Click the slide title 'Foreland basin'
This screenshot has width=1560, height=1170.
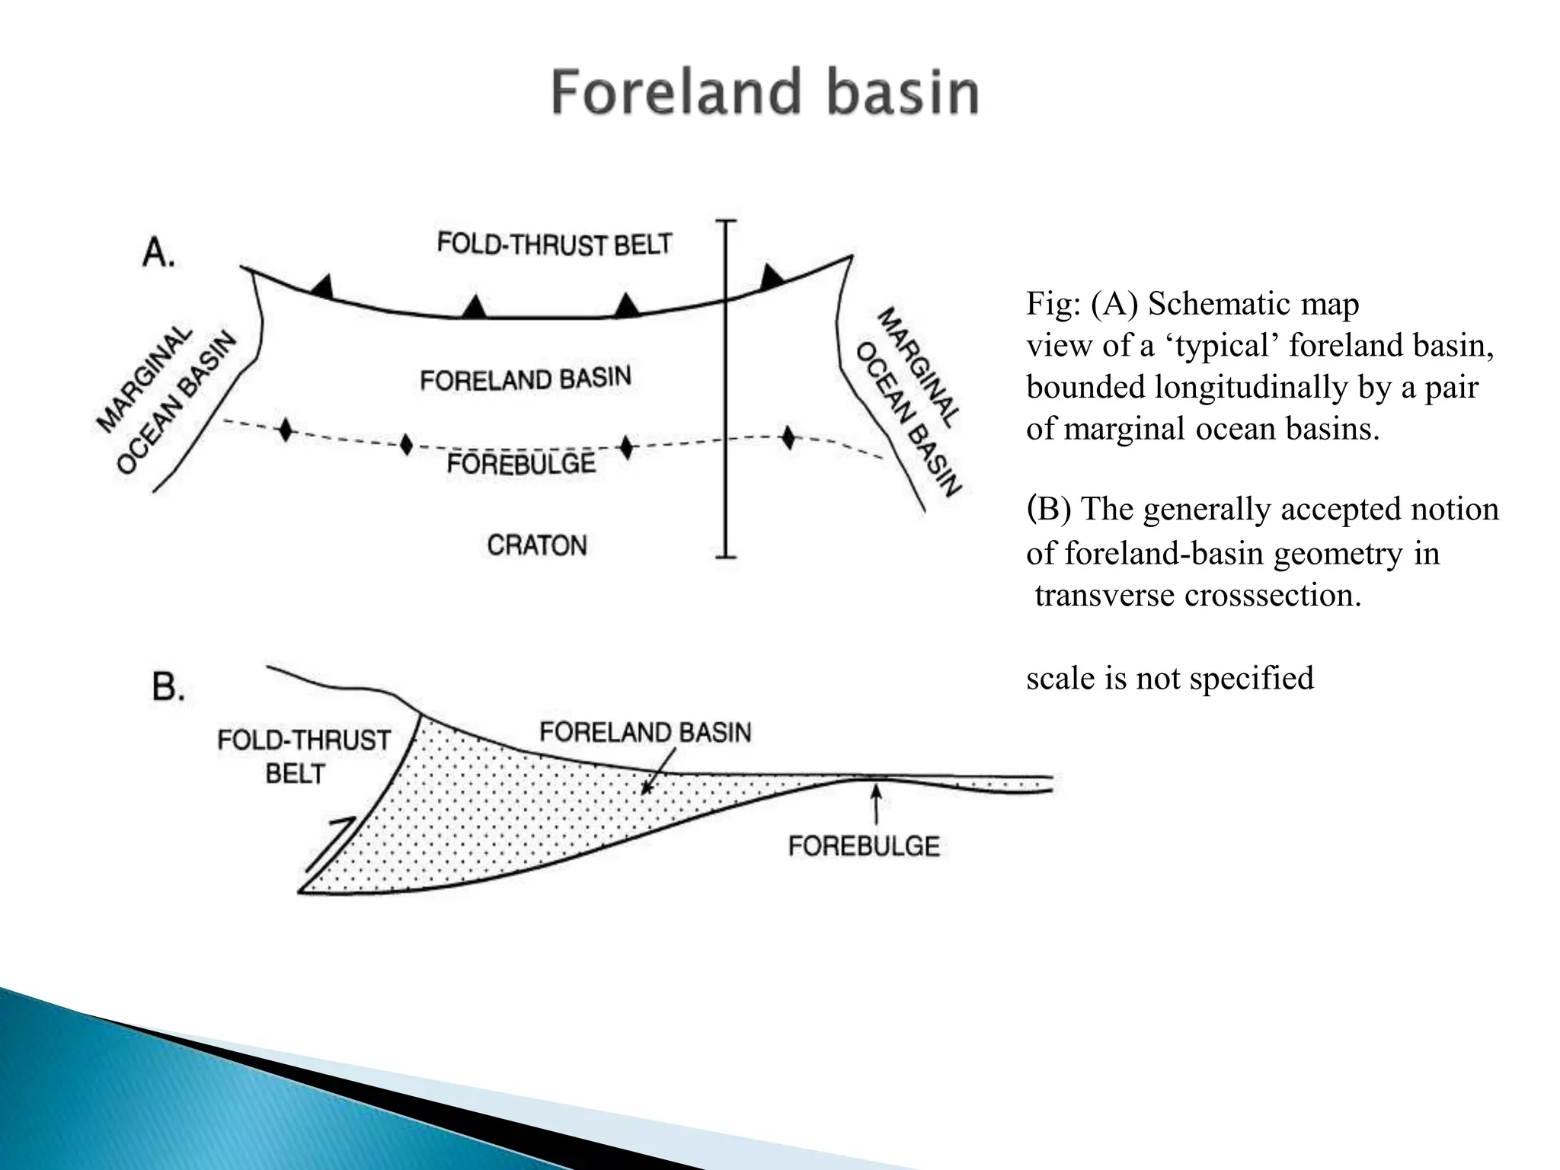pyautogui.click(x=765, y=92)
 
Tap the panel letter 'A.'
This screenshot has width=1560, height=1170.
pyautogui.click(x=158, y=252)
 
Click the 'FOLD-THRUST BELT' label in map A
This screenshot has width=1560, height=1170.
pyautogui.click(x=554, y=245)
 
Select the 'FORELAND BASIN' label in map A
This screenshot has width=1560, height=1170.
pyautogui.click(x=526, y=379)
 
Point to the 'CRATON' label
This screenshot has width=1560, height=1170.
pyautogui.click(x=537, y=545)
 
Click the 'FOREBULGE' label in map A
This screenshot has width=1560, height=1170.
pyautogui.click(x=521, y=464)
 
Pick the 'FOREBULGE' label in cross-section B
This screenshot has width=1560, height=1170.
pyautogui.click(x=864, y=846)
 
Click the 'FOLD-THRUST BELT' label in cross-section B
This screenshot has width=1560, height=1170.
pyautogui.click(x=303, y=756)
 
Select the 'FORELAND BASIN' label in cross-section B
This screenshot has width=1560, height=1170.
pyautogui.click(x=645, y=732)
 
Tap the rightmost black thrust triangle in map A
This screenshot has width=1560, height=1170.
pyautogui.click(x=772, y=277)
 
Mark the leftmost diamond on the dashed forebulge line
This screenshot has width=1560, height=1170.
pyautogui.click(x=285, y=430)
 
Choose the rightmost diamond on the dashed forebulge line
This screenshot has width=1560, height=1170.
pyautogui.click(x=788, y=438)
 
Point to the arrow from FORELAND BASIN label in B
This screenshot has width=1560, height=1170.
pyautogui.click(x=657, y=771)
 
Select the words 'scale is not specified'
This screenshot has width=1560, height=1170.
pyautogui.click(x=1169, y=678)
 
